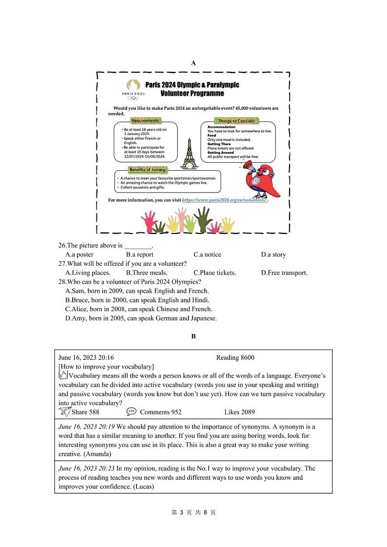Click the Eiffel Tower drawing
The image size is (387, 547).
(x=189, y=153)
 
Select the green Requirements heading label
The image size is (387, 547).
(x=145, y=120)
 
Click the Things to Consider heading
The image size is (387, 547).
(x=236, y=120)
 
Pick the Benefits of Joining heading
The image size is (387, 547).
(x=147, y=170)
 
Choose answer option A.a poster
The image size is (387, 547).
(x=79, y=254)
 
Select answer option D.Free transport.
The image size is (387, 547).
(x=284, y=273)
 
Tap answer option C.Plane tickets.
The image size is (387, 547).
(x=214, y=273)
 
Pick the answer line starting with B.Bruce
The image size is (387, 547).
(x=137, y=300)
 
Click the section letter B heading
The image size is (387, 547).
(x=193, y=336)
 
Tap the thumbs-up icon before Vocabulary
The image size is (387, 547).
(x=62, y=375)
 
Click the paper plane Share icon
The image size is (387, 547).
(x=64, y=411)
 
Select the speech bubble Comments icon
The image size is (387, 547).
(x=131, y=411)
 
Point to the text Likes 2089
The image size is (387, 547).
(x=239, y=412)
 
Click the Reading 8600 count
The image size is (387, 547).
(x=235, y=358)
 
